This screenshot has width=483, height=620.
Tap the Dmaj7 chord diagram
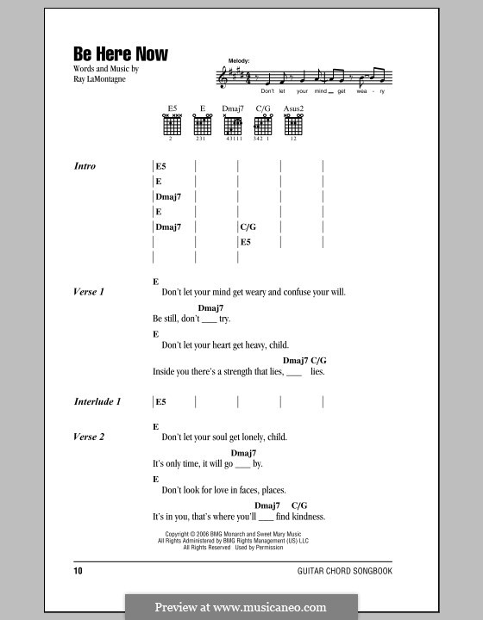(x=233, y=125)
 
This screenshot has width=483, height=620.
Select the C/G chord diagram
(x=262, y=125)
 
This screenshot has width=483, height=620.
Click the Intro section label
(x=85, y=166)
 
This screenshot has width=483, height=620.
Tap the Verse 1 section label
(x=89, y=292)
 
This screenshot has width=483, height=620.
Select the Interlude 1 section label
(x=97, y=401)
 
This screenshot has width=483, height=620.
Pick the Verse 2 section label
(x=89, y=437)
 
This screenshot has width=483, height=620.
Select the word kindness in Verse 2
(x=303, y=517)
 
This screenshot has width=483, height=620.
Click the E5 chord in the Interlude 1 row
(x=162, y=401)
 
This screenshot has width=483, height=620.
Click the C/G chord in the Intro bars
(x=248, y=227)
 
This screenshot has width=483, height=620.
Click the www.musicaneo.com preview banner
(x=241, y=606)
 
